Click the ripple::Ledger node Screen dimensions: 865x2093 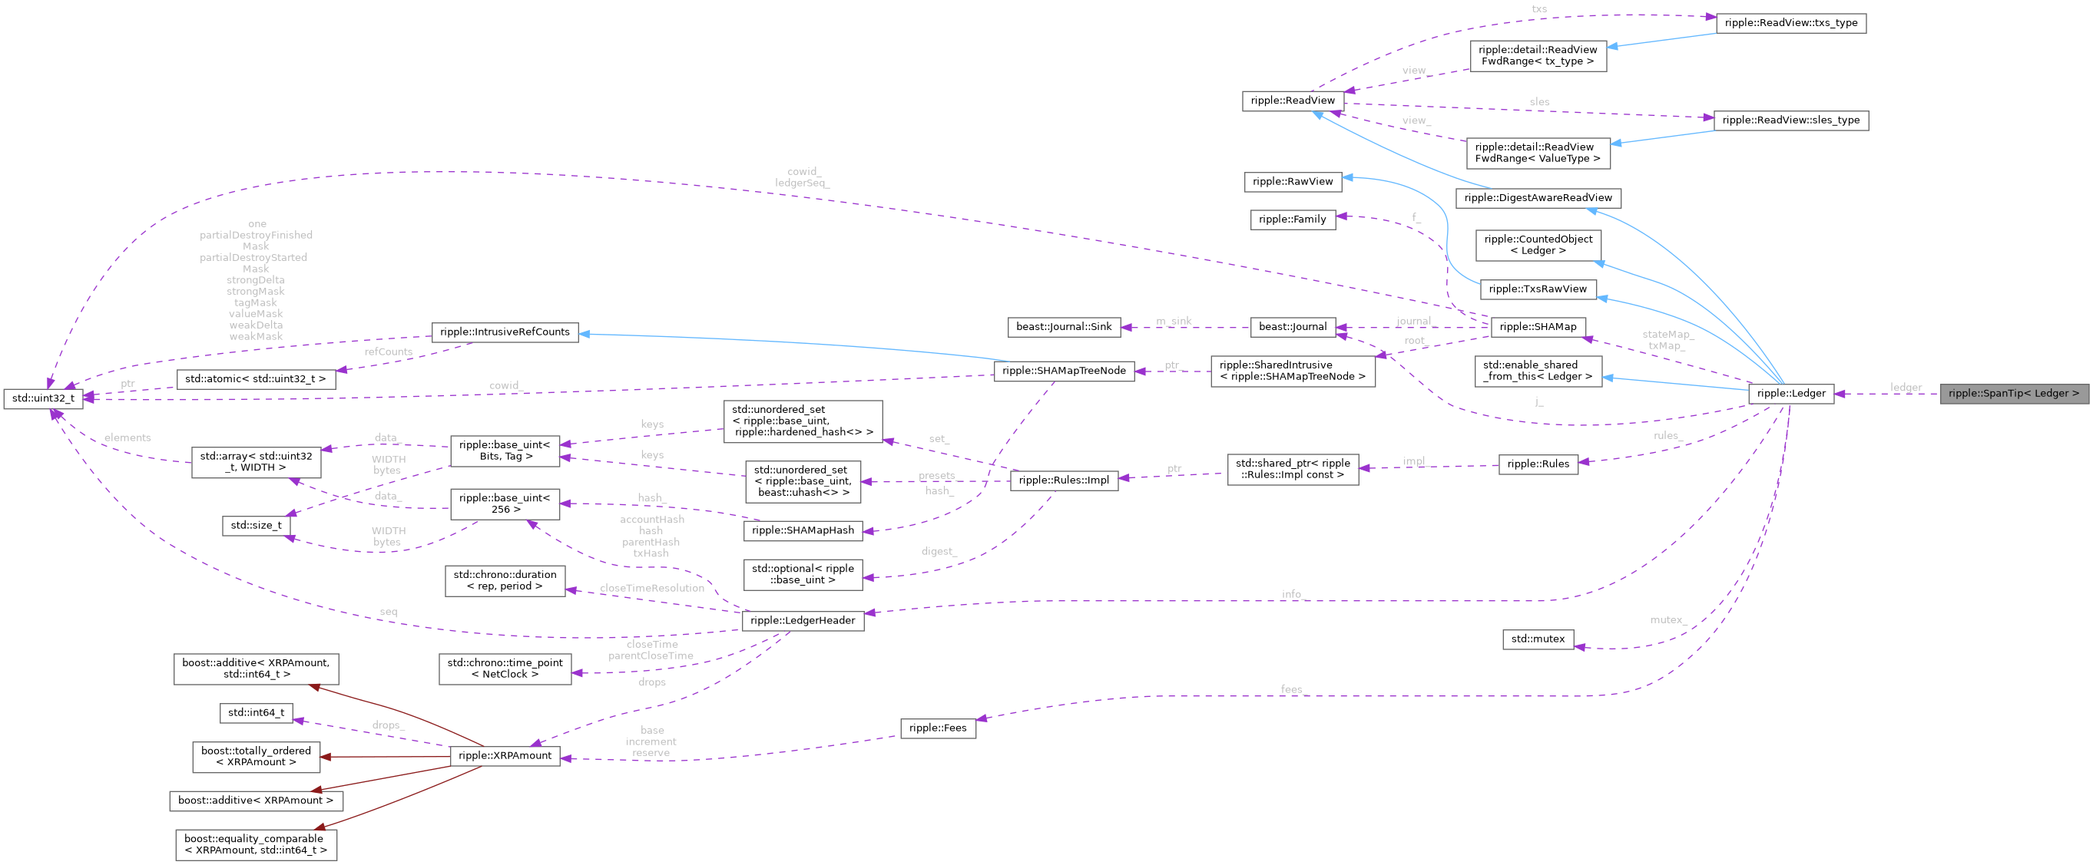pyautogui.click(x=1790, y=393)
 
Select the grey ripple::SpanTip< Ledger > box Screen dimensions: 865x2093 pyautogui.click(x=2012, y=393)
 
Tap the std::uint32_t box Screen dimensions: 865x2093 pyautogui.click(x=43, y=398)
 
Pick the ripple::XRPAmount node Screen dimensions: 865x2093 pyautogui.click(x=505, y=755)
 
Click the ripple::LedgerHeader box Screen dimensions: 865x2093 pyautogui.click(x=802, y=620)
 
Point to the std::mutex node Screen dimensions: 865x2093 pyautogui.click(x=1537, y=639)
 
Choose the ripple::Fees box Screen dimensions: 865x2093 pyautogui.click(x=938, y=728)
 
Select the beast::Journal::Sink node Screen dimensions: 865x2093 pyautogui.click(x=1064, y=326)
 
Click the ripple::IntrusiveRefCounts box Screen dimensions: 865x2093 pyautogui.click(x=505, y=332)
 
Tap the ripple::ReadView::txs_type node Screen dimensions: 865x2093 pyautogui.click(x=1790, y=23)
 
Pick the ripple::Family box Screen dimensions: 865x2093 pyautogui.click(x=1292, y=220)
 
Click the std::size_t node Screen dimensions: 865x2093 pyautogui.click(x=256, y=526)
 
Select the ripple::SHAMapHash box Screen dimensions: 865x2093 pyautogui.click(x=802, y=530)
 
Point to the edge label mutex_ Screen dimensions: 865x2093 pyautogui.click(x=1667, y=619)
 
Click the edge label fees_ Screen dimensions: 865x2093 pyautogui.click(x=1292, y=688)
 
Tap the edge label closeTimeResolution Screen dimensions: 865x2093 pyautogui.click(x=651, y=588)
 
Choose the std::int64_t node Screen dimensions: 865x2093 pyautogui.click(x=256, y=712)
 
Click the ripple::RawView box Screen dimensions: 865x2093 pyautogui.click(x=1292, y=181)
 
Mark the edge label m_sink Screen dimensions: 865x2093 pyautogui.click(x=1174, y=321)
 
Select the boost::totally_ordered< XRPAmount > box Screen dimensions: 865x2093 pyautogui.click(x=256, y=756)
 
